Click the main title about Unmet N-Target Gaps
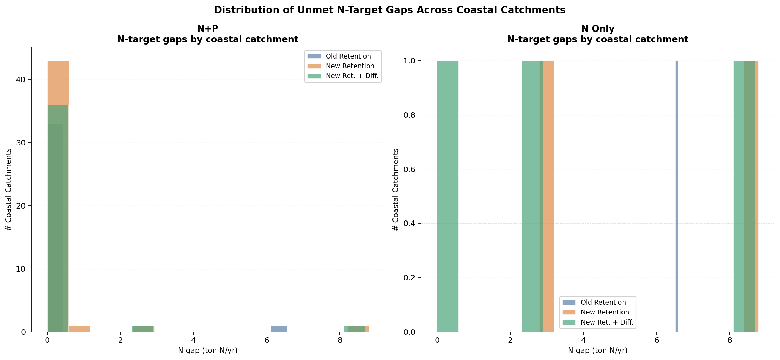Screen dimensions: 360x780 [390, 10]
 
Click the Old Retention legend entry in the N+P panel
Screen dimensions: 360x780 [348, 56]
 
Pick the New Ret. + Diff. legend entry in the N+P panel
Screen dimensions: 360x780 [352, 76]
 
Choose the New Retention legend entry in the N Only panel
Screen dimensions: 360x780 [605, 312]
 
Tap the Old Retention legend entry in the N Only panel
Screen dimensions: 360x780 [603, 303]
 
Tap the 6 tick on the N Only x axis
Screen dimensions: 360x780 [657, 340]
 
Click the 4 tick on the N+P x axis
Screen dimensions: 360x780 [194, 340]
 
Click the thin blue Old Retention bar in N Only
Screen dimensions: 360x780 [677, 196]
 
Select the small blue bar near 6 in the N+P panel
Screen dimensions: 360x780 [279, 329]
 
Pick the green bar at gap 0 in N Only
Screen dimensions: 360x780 [448, 196]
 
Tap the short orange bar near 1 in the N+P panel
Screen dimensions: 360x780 [80, 329]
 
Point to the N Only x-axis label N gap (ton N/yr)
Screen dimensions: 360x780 [598, 351]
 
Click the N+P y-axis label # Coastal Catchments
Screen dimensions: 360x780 [9, 189]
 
